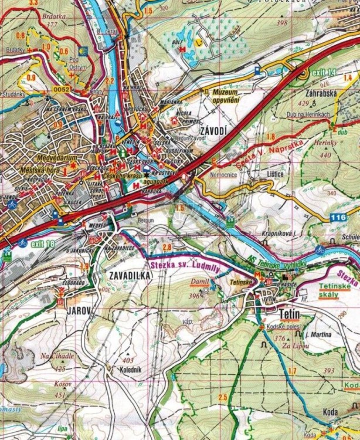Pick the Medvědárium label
pos(38,157)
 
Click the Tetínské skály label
pos(336,290)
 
